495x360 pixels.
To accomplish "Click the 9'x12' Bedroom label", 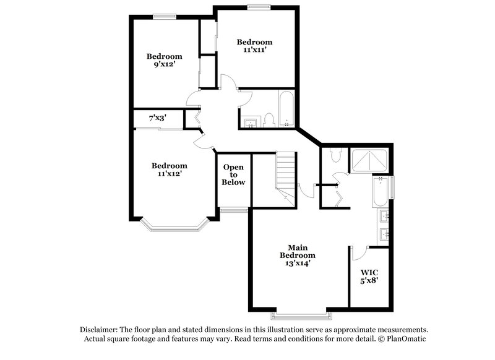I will (x=163, y=61).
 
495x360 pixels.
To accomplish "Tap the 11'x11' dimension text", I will (x=255, y=50).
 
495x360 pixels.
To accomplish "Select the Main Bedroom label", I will (x=298, y=255).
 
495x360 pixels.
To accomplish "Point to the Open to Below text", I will (x=234, y=175).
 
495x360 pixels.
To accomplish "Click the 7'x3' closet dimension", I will (x=157, y=118).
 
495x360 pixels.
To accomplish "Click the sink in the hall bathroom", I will (x=251, y=121).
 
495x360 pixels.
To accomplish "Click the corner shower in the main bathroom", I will (x=369, y=160).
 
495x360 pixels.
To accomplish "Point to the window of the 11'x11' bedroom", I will (x=256, y=7).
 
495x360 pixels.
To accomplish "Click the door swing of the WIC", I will (x=359, y=254).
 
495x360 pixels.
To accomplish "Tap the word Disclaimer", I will (x=100, y=330).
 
